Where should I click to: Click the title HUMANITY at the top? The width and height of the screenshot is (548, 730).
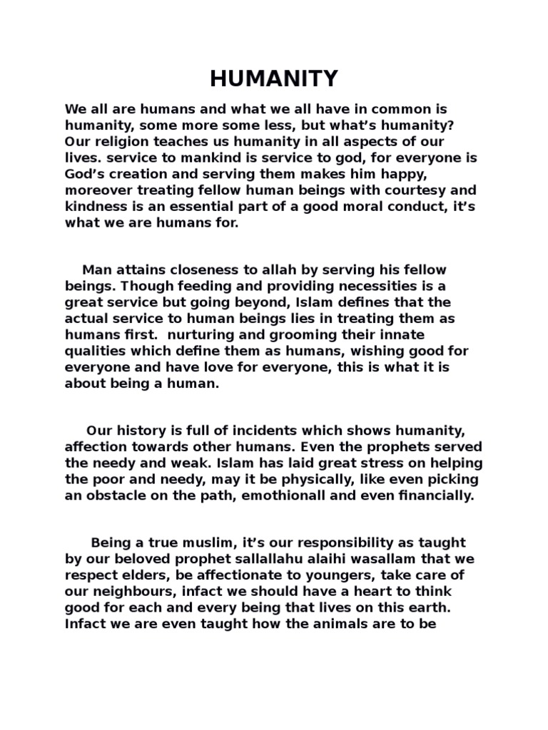(274, 79)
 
